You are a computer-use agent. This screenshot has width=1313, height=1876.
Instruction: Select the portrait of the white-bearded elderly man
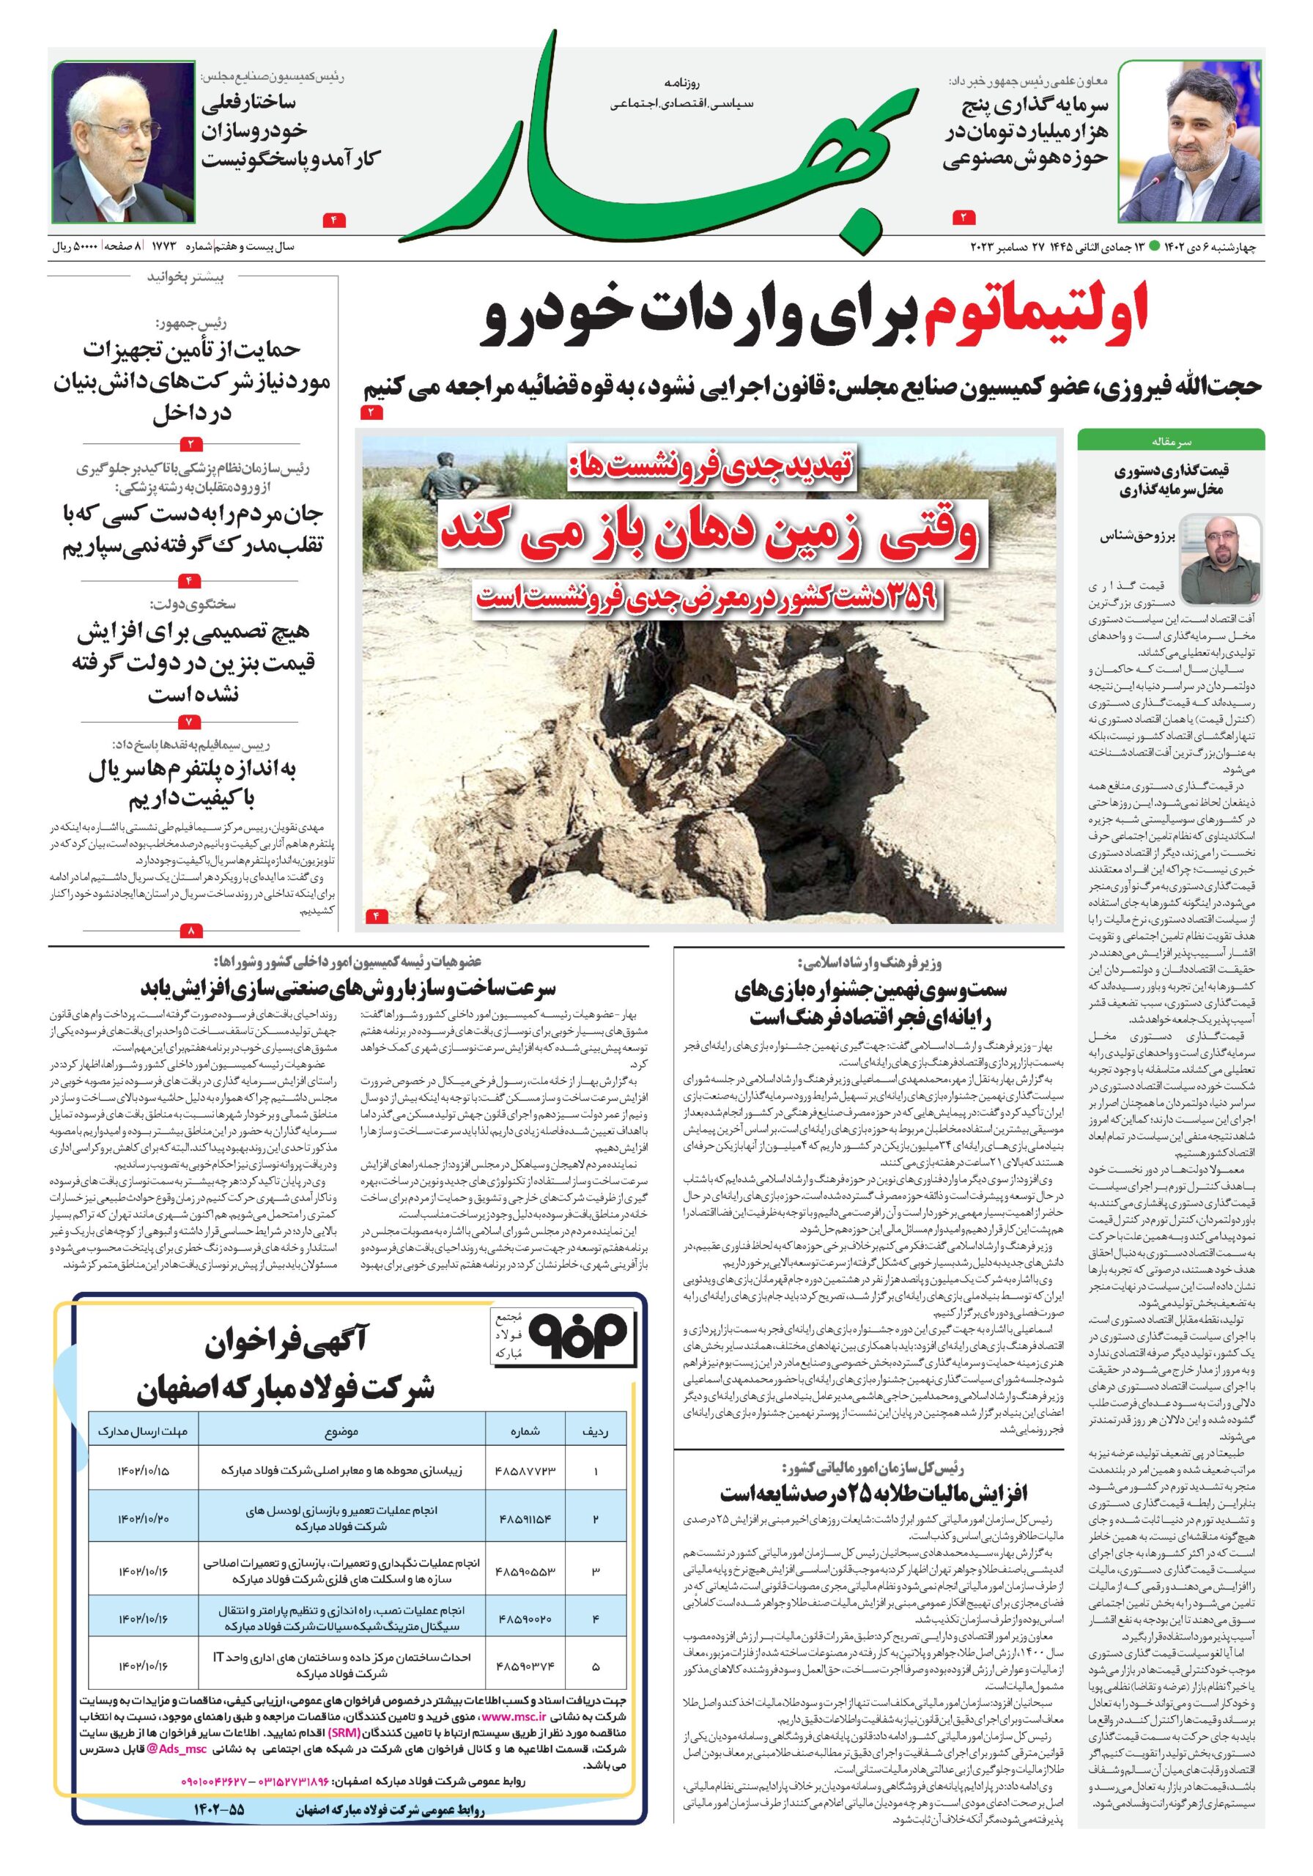[124, 142]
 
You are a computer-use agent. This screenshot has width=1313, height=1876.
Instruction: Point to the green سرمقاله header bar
[1170, 440]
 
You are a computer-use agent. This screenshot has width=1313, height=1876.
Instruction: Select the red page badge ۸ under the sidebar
[192, 930]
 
